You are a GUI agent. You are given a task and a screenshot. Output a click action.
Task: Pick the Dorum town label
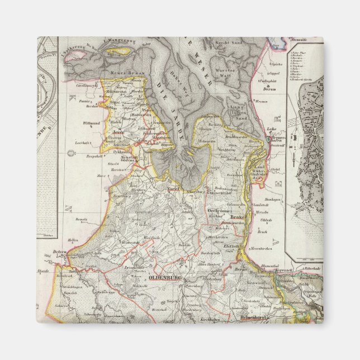271,88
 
